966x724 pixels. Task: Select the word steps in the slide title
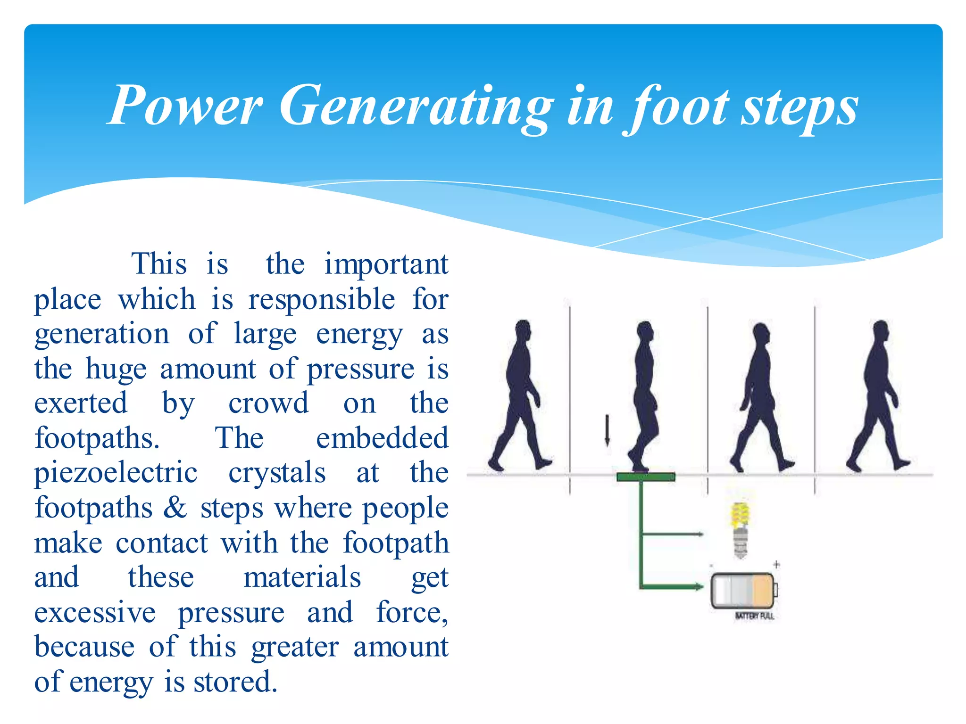pos(799,108)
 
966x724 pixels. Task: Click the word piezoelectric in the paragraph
pos(116,473)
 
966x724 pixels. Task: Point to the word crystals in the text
pos(277,473)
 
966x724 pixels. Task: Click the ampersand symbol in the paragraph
pos(175,508)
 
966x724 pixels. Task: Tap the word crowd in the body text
pos(268,403)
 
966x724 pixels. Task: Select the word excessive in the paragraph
pos(95,612)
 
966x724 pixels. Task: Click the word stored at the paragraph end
pos(235,682)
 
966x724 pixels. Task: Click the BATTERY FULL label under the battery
pos(754,616)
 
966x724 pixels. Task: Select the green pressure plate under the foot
pos(646,477)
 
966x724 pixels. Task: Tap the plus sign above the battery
pos(776,564)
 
